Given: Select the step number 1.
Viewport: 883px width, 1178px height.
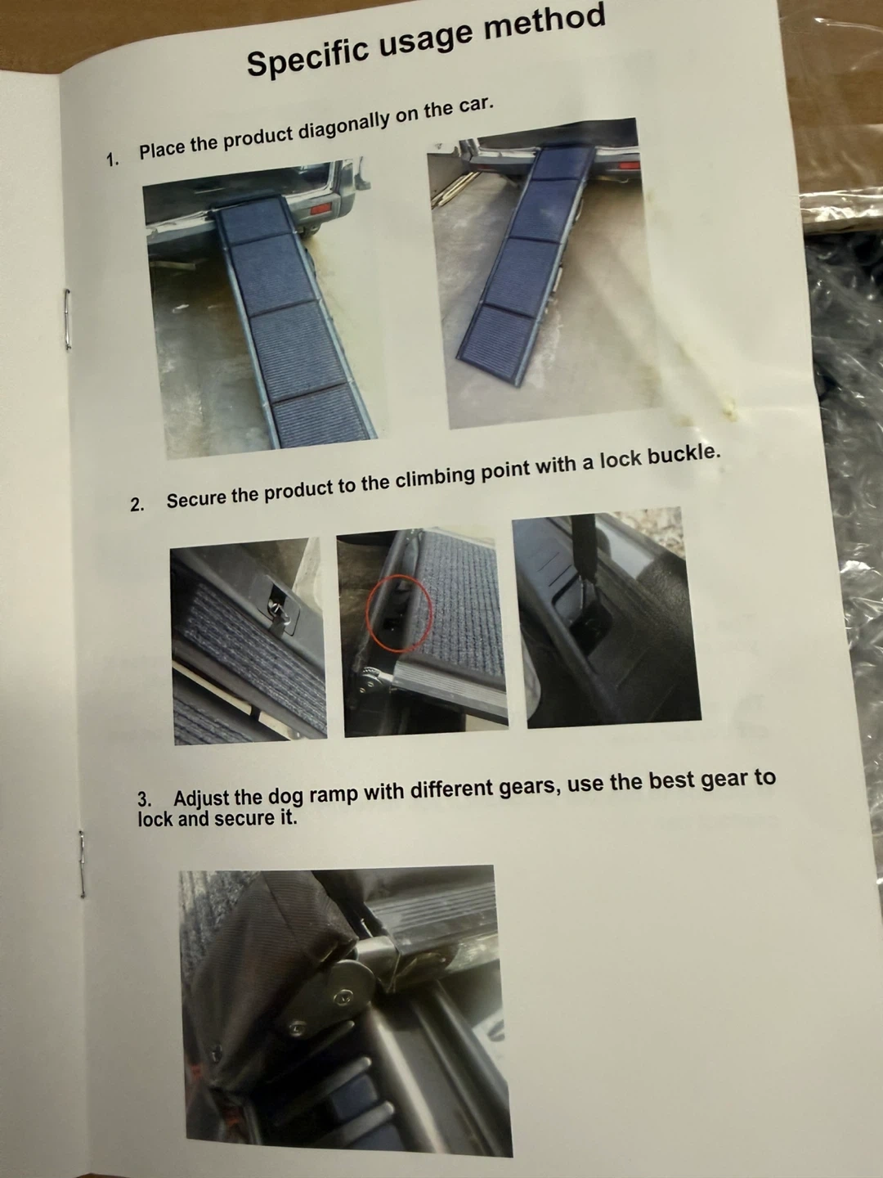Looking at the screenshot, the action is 112,160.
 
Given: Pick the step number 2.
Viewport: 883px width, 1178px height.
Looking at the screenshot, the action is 137,505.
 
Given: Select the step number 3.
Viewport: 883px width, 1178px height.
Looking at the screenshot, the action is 144,799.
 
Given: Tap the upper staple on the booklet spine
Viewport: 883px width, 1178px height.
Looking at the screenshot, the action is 66,317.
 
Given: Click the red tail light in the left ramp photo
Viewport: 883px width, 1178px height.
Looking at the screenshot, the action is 323,209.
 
